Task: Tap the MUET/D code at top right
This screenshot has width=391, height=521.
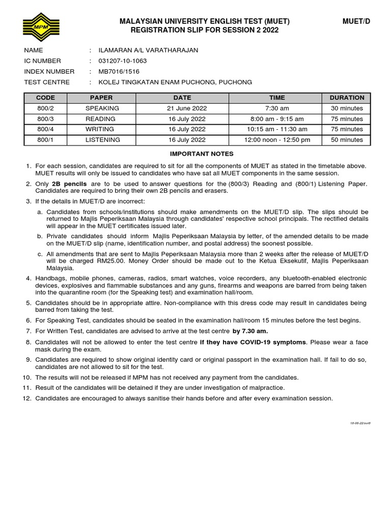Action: [x=356, y=21]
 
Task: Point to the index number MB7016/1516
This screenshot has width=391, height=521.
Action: [x=115, y=72]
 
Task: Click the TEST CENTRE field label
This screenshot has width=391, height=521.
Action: [x=47, y=82]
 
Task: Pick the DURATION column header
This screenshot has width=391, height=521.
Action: [x=347, y=98]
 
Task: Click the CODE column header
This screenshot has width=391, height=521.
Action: [x=45, y=98]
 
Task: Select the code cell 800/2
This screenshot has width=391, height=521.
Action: [x=45, y=108]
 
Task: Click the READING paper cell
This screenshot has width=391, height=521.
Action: [x=101, y=119]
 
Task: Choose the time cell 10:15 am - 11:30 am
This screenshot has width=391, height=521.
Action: [x=277, y=129]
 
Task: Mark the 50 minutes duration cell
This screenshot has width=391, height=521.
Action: [x=347, y=140]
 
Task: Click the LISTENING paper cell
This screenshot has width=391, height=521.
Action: [x=102, y=140]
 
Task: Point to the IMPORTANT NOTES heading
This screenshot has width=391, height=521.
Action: [x=202, y=154]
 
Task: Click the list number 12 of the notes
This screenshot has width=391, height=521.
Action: [x=27, y=398]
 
